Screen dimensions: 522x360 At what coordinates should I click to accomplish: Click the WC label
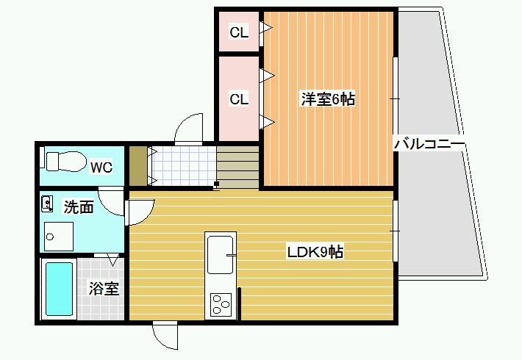101,168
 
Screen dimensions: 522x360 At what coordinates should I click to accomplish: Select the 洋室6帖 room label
328,99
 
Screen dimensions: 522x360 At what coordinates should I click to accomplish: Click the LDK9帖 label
315,252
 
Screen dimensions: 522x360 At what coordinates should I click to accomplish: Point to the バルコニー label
429,144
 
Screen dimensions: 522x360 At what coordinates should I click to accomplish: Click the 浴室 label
104,288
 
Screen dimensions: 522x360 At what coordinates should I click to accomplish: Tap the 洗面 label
79,207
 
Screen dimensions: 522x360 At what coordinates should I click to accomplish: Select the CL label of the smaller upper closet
239,32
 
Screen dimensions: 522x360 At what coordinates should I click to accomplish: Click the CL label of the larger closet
239,99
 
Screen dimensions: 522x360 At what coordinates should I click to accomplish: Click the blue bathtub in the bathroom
59,289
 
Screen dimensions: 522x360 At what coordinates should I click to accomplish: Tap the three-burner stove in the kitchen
221,305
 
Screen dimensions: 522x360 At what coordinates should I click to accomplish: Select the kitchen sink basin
221,255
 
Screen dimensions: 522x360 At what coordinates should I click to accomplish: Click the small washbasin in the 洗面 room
47,204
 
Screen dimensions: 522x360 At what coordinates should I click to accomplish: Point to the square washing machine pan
59,237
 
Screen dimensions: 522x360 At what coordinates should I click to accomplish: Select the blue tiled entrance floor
184,166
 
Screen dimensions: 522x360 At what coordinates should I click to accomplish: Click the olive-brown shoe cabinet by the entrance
138,166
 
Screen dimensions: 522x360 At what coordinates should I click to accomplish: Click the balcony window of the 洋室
396,99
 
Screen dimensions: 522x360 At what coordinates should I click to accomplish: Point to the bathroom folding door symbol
107,258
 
